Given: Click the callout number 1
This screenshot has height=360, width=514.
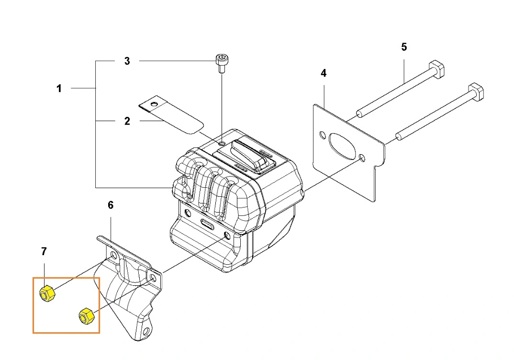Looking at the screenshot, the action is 59,89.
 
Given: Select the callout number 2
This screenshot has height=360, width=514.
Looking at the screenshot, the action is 127,121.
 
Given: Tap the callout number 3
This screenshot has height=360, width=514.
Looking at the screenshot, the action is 127,61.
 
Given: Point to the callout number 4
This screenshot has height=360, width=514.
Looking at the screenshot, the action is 324,73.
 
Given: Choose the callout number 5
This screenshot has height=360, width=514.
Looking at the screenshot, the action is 404,47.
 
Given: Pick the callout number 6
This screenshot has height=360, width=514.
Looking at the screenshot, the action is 111,205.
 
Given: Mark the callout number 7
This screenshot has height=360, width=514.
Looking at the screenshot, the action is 44,251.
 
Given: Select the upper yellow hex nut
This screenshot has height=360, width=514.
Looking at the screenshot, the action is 47,293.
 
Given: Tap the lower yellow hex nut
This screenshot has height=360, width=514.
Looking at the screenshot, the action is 87,316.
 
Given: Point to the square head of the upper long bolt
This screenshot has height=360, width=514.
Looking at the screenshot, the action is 436,69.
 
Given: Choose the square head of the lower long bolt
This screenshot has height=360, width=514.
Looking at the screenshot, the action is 476,92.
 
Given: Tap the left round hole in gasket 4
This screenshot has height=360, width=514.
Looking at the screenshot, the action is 323,135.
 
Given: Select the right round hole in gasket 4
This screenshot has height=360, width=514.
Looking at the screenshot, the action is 361,157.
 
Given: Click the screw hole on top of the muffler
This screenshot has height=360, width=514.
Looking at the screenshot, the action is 223,144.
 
